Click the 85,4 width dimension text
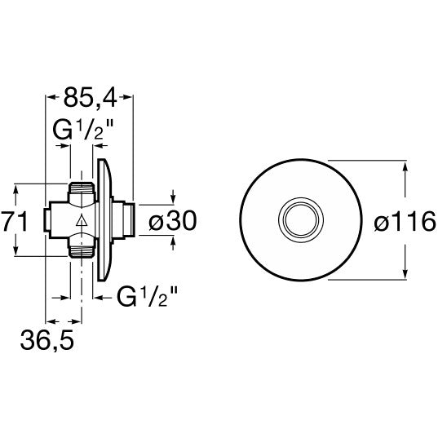(x=91, y=97)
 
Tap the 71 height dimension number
(x=15, y=222)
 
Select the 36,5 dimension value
(x=47, y=340)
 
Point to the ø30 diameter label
(x=173, y=221)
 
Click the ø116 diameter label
(x=405, y=221)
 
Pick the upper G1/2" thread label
(x=83, y=131)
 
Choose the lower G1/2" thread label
(x=147, y=297)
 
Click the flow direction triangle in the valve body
(x=82, y=220)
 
